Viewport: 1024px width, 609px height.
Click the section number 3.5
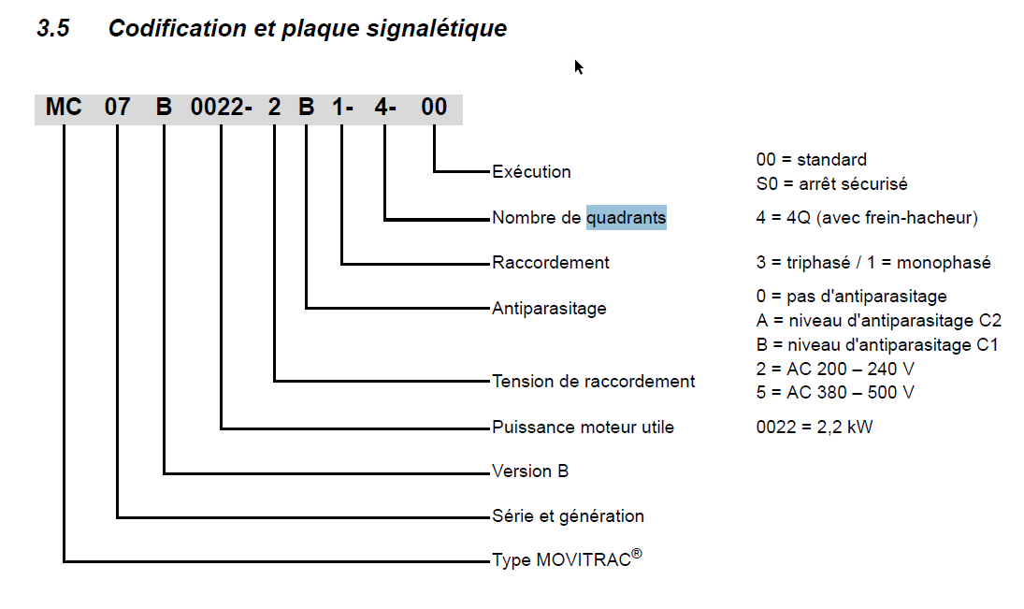[x=53, y=28]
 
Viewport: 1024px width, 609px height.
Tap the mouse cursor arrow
[x=579, y=66]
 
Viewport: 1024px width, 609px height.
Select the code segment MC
[x=64, y=107]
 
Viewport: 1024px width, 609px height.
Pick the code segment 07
[x=118, y=107]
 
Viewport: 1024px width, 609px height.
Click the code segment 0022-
[x=222, y=107]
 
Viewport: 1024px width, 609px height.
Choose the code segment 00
[x=434, y=107]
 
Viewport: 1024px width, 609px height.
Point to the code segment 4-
[x=385, y=107]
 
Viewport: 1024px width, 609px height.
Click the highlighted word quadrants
[x=627, y=218]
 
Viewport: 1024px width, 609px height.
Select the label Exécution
[x=531, y=172]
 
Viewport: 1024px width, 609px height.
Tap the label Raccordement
[x=551, y=263]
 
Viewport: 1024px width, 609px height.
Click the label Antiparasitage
[x=549, y=309]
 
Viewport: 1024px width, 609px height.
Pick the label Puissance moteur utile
[x=584, y=428]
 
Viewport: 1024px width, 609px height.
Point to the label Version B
[x=530, y=471]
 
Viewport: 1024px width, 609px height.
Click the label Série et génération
[x=569, y=516]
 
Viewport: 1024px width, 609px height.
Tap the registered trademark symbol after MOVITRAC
[x=637, y=554]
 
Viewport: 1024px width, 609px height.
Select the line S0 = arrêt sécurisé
[x=832, y=184]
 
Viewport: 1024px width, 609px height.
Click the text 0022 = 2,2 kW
[x=815, y=428]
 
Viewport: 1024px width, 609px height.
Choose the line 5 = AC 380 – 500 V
[x=835, y=393]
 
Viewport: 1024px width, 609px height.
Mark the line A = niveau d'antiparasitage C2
[x=879, y=321]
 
